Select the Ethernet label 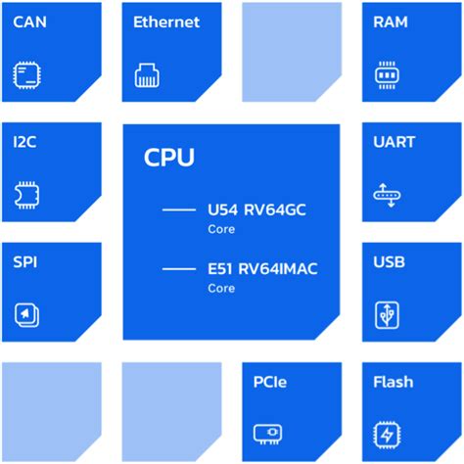(166, 22)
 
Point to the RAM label (391, 22)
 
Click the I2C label (26, 143)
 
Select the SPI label (26, 263)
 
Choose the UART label (394, 143)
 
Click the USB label (389, 263)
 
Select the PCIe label (269, 383)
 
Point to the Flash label (393, 383)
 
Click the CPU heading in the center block (168, 157)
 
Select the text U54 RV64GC (250, 209)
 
